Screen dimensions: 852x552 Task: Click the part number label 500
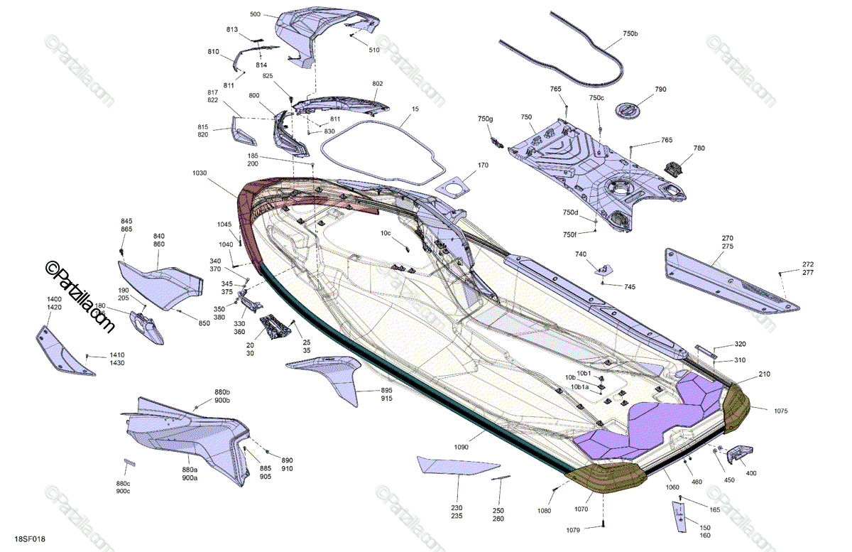tap(256, 14)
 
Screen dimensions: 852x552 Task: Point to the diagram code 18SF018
tap(30, 540)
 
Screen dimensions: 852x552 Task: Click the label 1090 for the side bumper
tap(461, 448)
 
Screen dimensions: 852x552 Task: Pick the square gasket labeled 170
tap(454, 187)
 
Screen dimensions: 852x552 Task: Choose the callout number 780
tap(699, 148)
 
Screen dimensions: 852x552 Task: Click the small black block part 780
tap(674, 168)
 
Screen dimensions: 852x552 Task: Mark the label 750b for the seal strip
tap(630, 34)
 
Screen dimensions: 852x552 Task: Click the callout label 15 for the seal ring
tap(415, 109)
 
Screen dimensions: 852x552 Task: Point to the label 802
tap(378, 84)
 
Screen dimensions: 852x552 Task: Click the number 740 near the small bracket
tap(581, 254)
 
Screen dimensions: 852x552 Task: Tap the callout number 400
tap(751, 473)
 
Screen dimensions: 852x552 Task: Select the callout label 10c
tap(386, 233)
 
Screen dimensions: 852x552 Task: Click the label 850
tap(204, 324)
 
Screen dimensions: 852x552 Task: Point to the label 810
tap(214, 52)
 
